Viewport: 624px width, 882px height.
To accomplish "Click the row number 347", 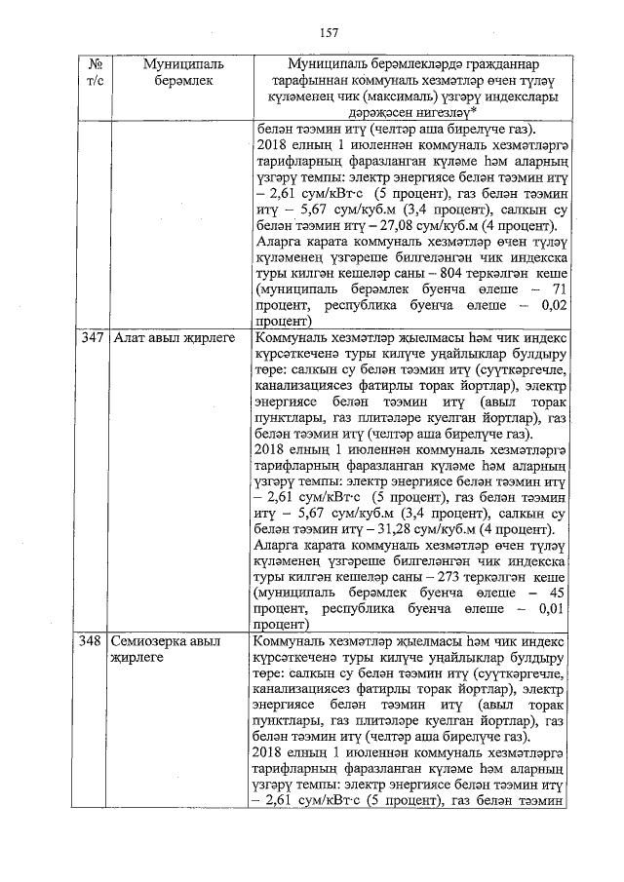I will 93,338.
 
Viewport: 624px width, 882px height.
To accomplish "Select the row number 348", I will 93,641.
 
